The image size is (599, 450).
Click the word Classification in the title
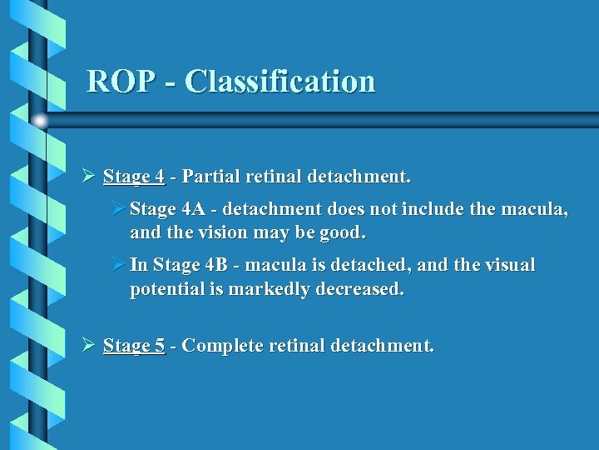280,82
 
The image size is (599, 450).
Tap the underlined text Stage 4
133,177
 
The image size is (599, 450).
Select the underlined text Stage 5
134,345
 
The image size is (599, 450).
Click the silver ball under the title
40,121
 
